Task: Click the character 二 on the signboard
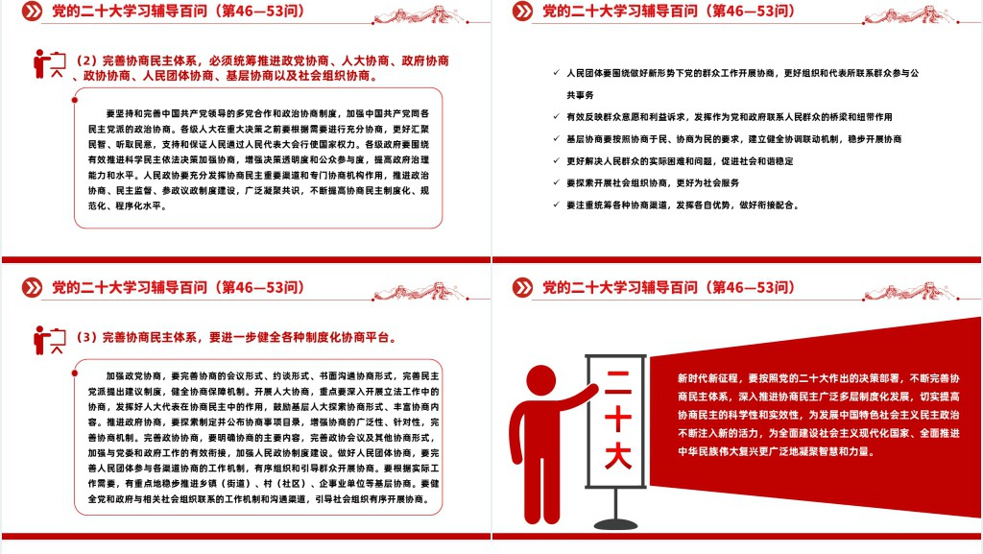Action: click(x=617, y=382)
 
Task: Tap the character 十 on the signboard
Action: click(x=617, y=418)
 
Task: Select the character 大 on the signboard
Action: click(x=617, y=455)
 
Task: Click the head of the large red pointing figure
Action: click(x=540, y=381)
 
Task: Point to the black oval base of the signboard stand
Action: click(x=615, y=523)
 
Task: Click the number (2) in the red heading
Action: click(x=86, y=60)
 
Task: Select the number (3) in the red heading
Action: click(x=86, y=337)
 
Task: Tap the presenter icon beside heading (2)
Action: click(x=50, y=63)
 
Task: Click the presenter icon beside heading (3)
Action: click(x=50, y=340)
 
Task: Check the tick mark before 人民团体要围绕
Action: click(x=556, y=73)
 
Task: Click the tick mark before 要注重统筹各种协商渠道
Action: click(x=556, y=205)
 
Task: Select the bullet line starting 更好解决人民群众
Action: click(x=680, y=161)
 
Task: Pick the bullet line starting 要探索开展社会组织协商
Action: click(x=653, y=183)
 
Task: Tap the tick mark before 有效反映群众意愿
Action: click(x=556, y=116)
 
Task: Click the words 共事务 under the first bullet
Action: click(x=580, y=95)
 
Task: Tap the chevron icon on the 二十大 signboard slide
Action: click(x=522, y=288)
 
